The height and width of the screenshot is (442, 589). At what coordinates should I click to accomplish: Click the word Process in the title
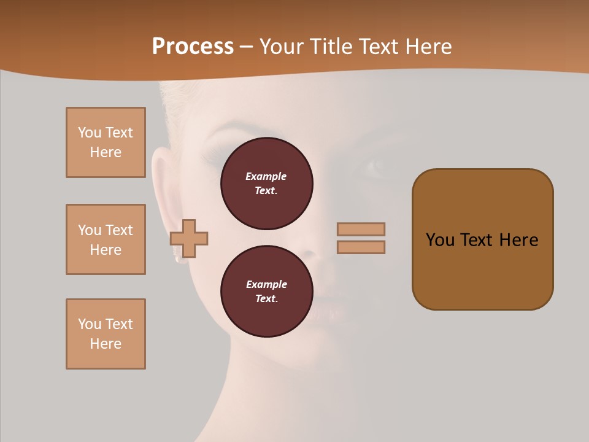[x=193, y=47]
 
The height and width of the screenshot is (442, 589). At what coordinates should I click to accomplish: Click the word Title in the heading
[x=327, y=47]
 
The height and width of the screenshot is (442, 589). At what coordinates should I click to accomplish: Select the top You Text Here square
[x=106, y=142]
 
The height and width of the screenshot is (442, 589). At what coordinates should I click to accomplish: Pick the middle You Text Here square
[x=106, y=239]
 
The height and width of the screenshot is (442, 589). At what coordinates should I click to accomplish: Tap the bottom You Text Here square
[x=106, y=334]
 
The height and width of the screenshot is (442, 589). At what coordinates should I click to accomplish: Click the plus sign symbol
[x=189, y=238]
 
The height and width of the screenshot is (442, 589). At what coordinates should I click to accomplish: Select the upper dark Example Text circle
[x=266, y=184]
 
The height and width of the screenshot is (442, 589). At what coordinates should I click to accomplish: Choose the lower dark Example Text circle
[x=266, y=292]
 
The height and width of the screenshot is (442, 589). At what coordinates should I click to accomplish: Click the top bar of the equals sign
[x=361, y=229]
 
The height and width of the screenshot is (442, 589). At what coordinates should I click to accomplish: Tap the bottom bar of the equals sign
[x=361, y=247]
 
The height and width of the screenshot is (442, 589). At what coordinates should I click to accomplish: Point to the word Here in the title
[x=428, y=47]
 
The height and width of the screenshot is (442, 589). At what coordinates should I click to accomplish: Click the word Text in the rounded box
[x=479, y=240]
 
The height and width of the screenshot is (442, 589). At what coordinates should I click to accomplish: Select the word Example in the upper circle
[x=266, y=176]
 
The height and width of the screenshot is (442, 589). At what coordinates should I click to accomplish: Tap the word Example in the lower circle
[x=266, y=284]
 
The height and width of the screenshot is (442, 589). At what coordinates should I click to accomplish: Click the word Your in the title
[x=282, y=47]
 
